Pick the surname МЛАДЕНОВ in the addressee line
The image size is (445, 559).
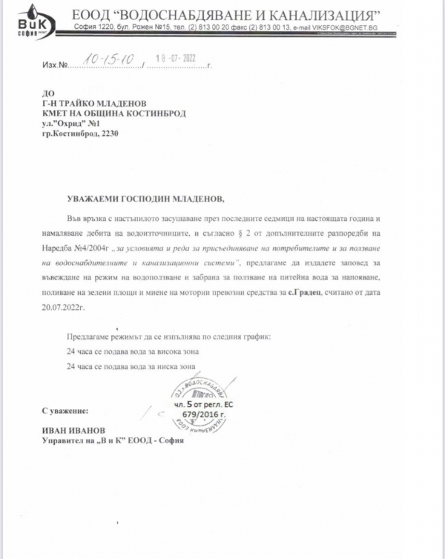pyautogui.click(x=125, y=104)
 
